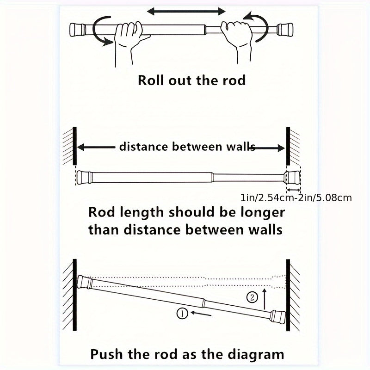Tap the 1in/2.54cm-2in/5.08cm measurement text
click(296, 198)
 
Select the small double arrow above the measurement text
click(293, 190)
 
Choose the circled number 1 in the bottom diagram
click(182, 314)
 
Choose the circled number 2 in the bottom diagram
click(252, 297)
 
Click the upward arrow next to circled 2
click(264, 298)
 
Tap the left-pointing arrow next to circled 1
click(201, 314)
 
